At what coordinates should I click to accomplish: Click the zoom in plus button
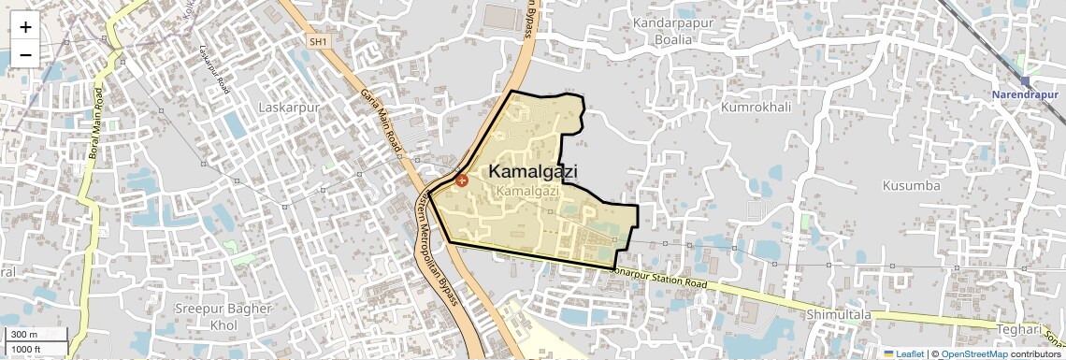(x=25, y=27)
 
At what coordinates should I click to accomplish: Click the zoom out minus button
(x=25, y=54)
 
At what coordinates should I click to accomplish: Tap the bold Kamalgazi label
(x=533, y=172)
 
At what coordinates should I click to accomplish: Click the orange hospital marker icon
(x=461, y=180)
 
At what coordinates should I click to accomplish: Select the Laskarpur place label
(x=289, y=108)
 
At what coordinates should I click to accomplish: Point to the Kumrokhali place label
(x=756, y=108)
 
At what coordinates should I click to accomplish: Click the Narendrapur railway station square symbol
(x=1026, y=81)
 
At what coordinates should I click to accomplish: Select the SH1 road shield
(x=319, y=41)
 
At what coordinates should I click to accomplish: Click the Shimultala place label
(x=839, y=315)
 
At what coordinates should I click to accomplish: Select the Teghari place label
(x=1018, y=329)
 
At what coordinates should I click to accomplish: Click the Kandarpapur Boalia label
(x=675, y=31)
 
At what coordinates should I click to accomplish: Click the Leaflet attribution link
(x=905, y=353)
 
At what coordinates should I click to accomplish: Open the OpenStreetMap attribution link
(x=974, y=353)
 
